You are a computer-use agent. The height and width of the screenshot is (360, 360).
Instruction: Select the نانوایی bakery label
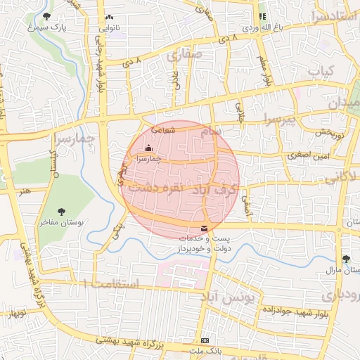click(108, 28)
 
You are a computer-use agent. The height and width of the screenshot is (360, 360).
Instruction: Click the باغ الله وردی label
click(262, 27)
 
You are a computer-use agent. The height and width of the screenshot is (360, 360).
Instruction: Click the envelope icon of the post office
click(204, 228)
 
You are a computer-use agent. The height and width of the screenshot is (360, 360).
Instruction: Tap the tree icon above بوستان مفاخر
click(62, 210)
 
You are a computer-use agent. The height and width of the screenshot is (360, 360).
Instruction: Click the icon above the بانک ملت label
click(204, 339)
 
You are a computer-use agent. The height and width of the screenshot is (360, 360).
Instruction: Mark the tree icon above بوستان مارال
click(345, 259)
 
